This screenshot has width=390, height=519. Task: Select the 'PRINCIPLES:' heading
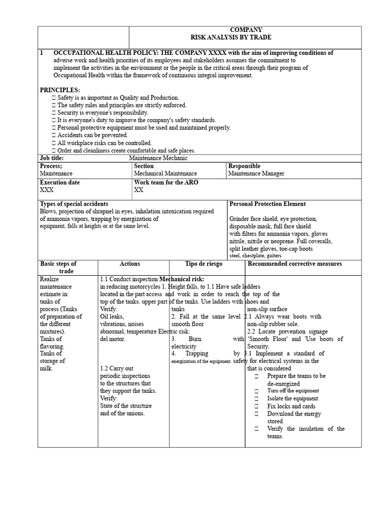tap(60, 90)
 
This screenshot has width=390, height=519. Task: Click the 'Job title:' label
tap(52, 158)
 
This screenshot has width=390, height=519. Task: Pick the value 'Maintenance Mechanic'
tap(158, 158)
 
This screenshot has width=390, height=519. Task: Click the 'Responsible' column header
tap(244, 166)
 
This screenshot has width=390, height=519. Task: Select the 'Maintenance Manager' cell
tap(256, 173)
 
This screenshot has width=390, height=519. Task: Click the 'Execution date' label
tap(60, 182)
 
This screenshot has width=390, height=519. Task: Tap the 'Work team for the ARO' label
tap(165, 182)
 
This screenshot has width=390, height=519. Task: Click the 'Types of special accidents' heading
tap(74, 204)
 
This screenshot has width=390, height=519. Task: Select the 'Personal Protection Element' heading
tap(267, 204)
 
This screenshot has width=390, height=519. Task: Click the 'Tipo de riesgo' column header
tap(204, 264)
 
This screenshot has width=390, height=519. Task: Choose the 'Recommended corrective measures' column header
tap(295, 264)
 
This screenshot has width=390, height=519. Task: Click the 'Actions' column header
tap(129, 264)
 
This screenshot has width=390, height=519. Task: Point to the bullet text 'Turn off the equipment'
tap(293, 391)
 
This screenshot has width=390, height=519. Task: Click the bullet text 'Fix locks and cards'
tap(291, 406)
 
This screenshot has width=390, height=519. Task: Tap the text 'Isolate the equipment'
tap(292, 398)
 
